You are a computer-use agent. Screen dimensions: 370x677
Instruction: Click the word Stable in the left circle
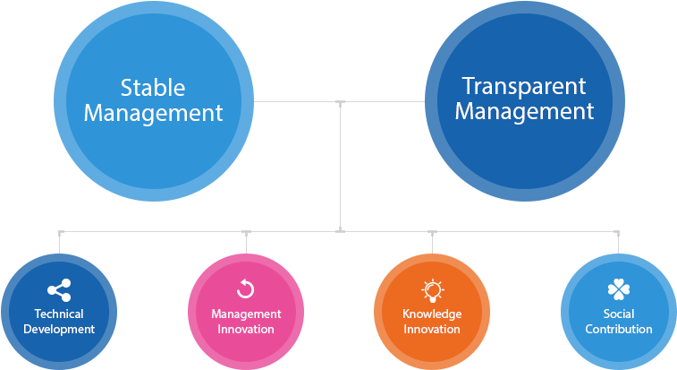[x=153, y=88]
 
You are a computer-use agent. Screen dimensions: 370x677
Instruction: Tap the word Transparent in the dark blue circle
[x=524, y=86]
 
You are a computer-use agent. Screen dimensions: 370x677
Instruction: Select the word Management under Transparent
[x=524, y=111]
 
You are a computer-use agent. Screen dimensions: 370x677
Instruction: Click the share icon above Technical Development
[x=59, y=290]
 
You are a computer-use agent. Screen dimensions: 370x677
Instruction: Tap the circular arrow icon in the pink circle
[x=246, y=288]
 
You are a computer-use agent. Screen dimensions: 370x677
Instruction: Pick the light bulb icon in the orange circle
[x=433, y=289]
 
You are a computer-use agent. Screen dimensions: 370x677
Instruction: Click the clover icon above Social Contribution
[x=619, y=289]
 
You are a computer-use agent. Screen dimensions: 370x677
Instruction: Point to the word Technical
[x=59, y=314]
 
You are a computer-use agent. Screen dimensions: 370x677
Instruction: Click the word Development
[x=59, y=329]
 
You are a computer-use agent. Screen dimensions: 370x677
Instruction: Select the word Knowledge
[x=432, y=314]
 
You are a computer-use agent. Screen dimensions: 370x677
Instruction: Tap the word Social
[x=619, y=314]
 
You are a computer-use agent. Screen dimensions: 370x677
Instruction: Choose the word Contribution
[x=619, y=329]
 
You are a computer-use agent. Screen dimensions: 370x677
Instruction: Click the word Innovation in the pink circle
[x=246, y=329]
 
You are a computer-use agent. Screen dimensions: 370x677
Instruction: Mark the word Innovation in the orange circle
[x=432, y=329]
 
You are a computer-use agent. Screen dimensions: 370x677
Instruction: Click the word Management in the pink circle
[x=246, y=314]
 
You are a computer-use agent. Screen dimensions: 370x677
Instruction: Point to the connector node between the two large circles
[x=340, y=102]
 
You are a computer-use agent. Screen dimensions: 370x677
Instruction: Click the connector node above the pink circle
[x=246, y=232]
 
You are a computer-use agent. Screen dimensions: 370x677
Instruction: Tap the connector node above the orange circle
[x=433, y=232]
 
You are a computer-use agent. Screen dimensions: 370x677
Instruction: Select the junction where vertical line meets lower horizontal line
[x=340, y=231]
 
